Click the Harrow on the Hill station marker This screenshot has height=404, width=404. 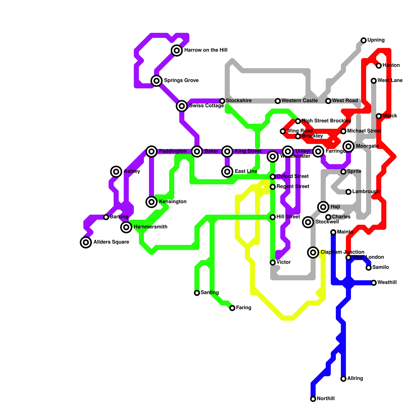(x=177, y=50)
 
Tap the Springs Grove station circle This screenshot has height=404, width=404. (x=157, y=81)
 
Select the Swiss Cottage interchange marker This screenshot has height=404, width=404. (x=182, y=106)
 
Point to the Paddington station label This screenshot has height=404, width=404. (x=173, y=151)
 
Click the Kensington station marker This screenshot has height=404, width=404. (x=151, y=202)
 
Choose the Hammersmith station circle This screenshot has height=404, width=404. (x=126, y=227)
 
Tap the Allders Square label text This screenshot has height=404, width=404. (x=111, y=242)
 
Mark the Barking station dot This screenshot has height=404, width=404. (x=106, y=217)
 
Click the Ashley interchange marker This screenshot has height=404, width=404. (x=116, y=172)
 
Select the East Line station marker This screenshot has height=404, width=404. (x=227, y=172)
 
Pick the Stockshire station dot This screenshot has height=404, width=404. (x=222, y=101)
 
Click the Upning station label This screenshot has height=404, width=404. (x=376, y=40)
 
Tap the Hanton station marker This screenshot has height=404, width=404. (x=379, y=66)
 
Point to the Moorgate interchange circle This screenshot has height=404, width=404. (x=348, y=146)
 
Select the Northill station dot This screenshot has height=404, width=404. (x=313, y=399)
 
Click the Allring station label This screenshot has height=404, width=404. (x=355, y=378)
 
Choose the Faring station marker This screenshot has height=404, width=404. (x=232, y=308)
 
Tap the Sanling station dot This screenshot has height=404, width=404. (x=197, y=293)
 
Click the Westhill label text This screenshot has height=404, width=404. (x=387, y=283)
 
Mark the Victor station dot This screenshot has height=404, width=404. (x=273, y=263)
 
